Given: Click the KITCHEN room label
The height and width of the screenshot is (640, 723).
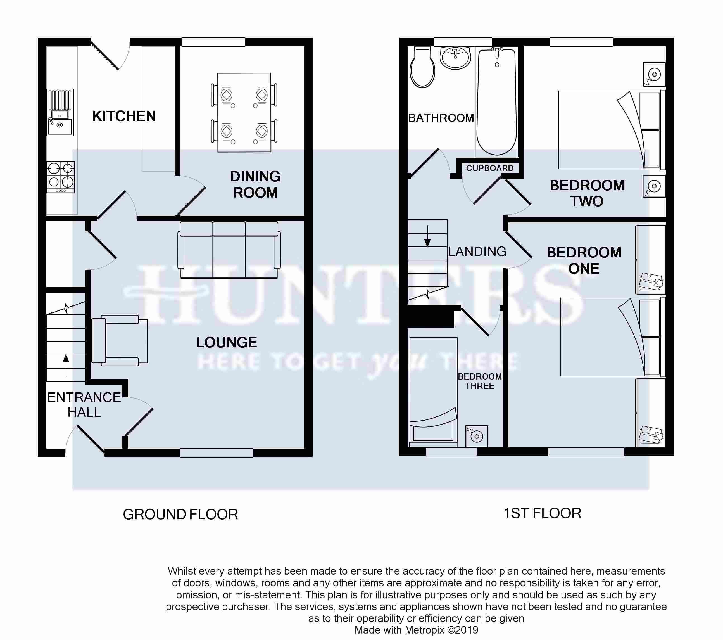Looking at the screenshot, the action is click(x=124, y=116).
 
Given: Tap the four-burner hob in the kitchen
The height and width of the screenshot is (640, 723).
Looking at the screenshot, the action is click(x=61, y=177).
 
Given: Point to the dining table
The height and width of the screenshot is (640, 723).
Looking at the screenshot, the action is click(x=244, y=113).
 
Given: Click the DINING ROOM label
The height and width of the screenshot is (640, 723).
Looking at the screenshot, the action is click(x=255, y=184).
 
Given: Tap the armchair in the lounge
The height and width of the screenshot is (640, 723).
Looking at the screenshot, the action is click(x=120, y=340).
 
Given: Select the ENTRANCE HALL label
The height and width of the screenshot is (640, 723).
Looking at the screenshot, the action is click(x=84, y=405).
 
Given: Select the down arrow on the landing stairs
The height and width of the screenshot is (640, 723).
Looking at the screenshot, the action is click(x=427, y=236).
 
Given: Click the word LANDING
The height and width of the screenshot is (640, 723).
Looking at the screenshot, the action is click(x=477, y=252).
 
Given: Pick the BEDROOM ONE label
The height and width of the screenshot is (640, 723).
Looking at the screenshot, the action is click(x=584, y=260).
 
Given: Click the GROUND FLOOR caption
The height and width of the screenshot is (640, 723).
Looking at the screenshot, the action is click(x=180, y=515).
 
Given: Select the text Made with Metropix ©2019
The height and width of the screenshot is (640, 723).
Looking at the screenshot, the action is click(x=416, y=630).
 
